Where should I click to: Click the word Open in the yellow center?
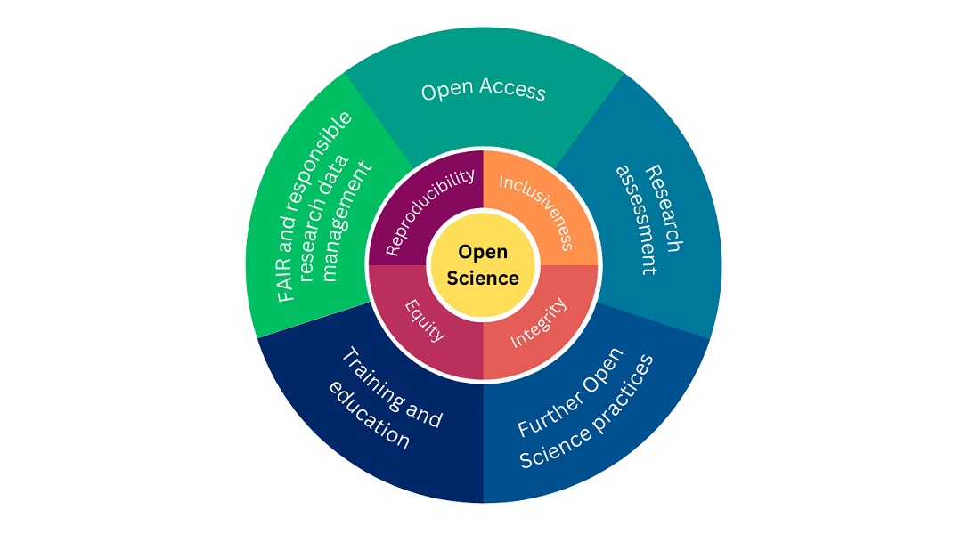click(482, 253)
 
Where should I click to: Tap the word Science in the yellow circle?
click(482, 278)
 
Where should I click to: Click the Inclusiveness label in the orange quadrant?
click(535, 212)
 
